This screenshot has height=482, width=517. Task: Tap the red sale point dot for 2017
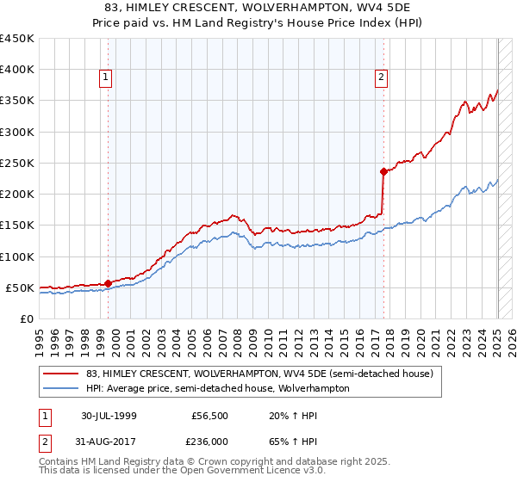383,171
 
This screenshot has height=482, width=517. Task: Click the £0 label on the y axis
27,318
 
